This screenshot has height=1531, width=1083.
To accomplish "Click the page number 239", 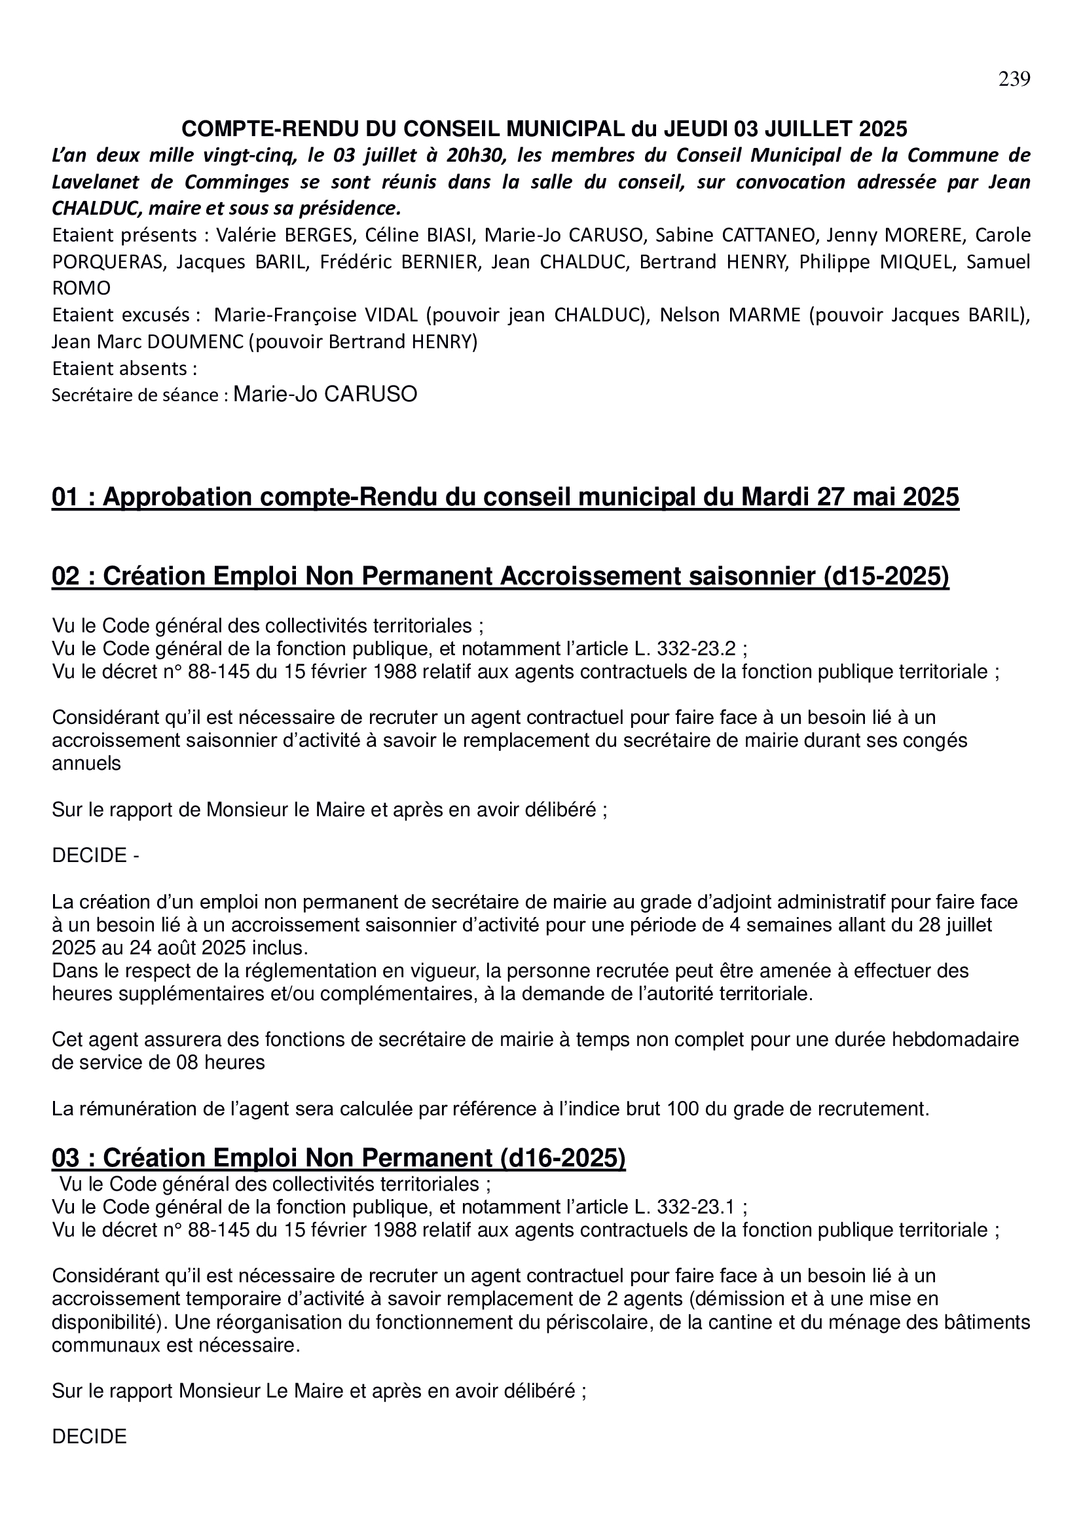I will pos(1014,79).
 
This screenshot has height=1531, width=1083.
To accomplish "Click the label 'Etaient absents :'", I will pos(124,368).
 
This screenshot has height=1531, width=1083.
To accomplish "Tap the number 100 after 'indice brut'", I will pos(712,1109).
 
